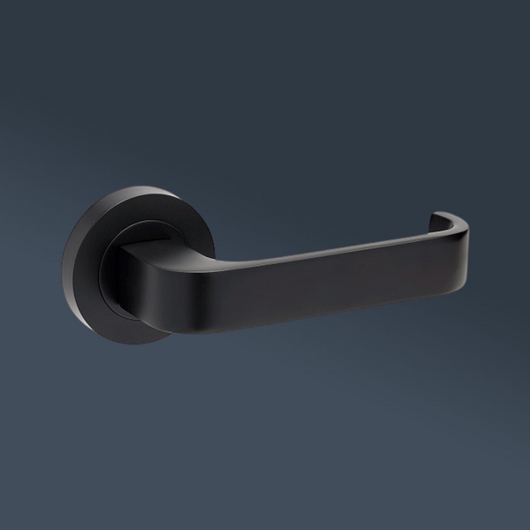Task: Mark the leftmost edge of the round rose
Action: tap(64, 265)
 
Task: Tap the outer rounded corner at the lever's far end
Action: tap(464, 231)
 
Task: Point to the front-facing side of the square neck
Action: tap(132, 274)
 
